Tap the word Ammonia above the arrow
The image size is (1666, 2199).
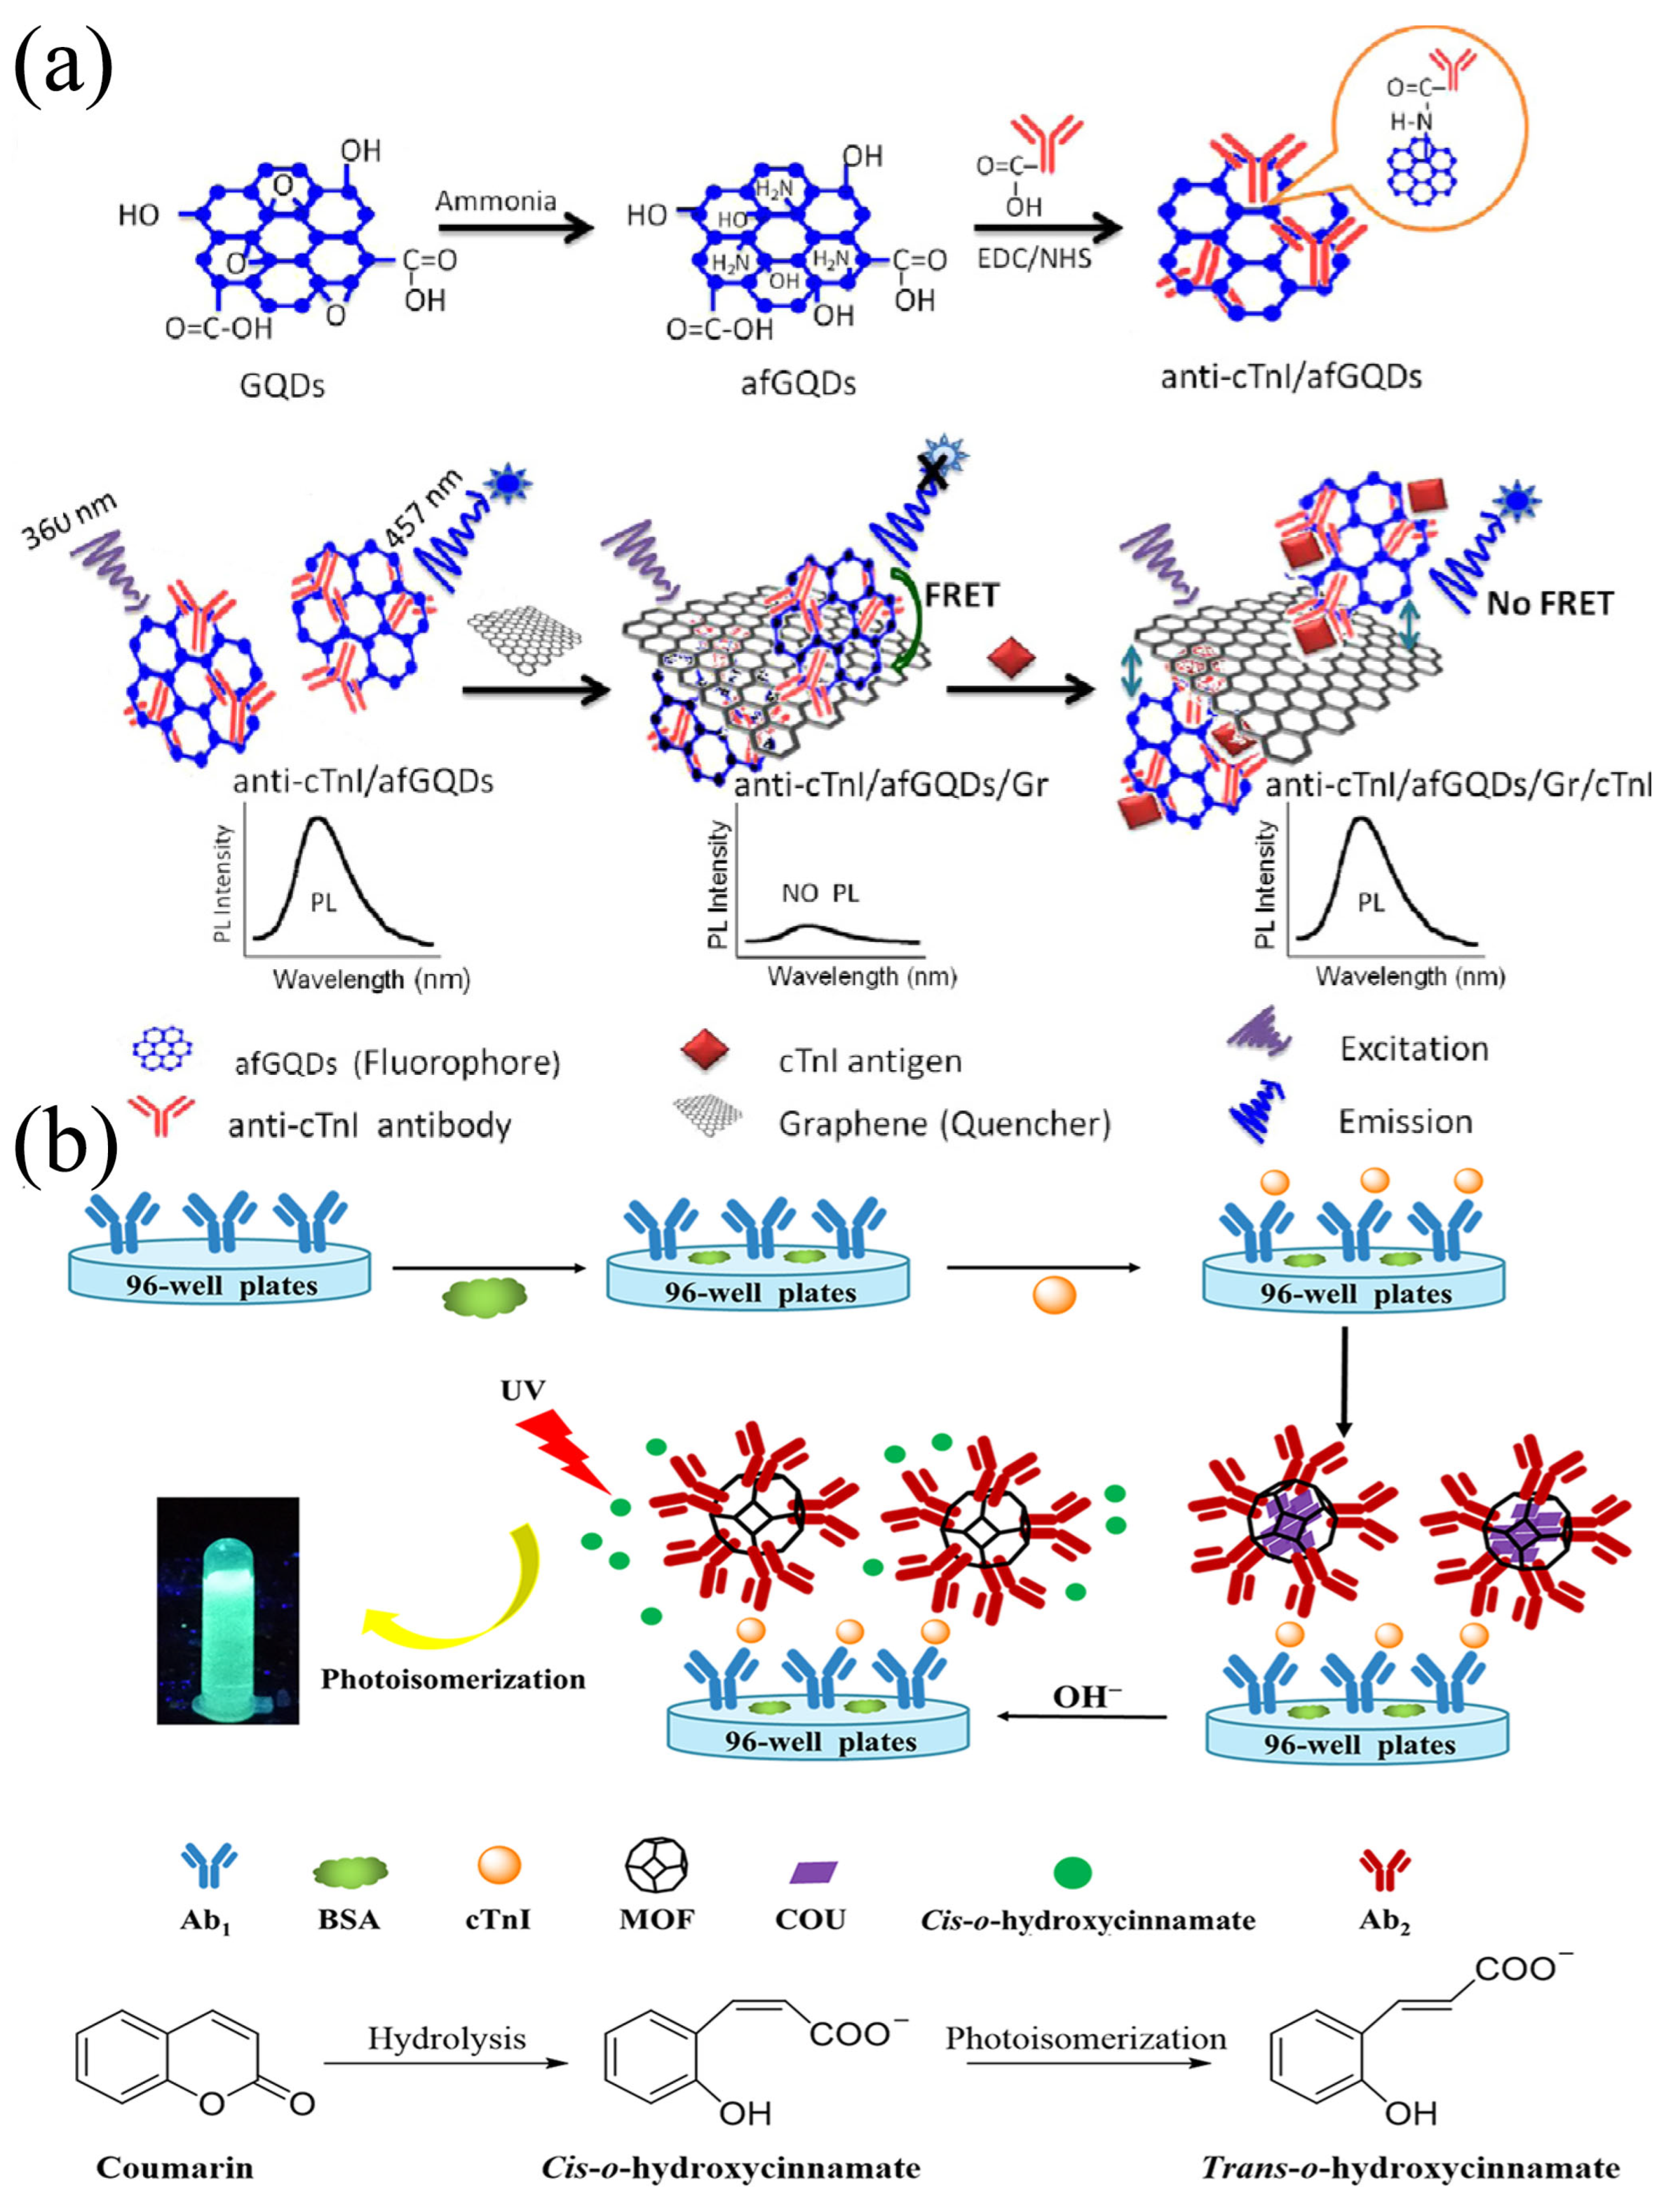click(495, 202)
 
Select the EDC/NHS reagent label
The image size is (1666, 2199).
click(1034, 259)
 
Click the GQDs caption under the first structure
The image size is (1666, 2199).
click(282, 385)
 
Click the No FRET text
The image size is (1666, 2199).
click(1549, 603)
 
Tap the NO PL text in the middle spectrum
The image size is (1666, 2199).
click(819, 894)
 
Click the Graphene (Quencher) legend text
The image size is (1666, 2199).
click(944, 1124)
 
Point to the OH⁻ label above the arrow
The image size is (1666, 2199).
click(1086, 1697)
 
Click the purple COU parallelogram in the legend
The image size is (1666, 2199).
click(812, 1872)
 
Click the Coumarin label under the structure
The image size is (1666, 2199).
click(175, 2167)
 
